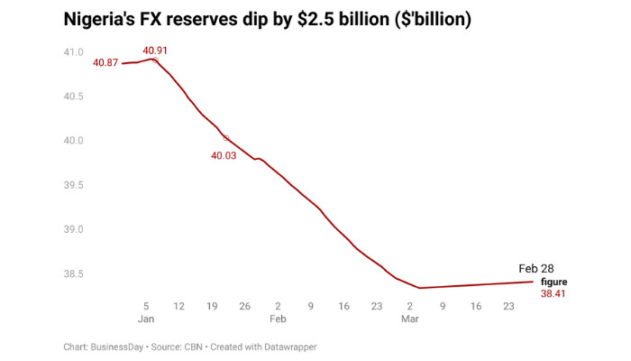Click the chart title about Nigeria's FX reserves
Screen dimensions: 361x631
click(267, 19)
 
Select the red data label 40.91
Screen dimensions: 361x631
click(155, 50)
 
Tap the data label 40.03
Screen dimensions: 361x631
click(224, 155)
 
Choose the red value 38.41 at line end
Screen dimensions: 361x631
click(553, 294)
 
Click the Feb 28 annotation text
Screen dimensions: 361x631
click(538, 269)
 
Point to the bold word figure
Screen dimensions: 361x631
click(553, 282)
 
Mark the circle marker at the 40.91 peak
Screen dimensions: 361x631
click(155, 60)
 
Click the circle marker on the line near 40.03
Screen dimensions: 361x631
click(226, 139)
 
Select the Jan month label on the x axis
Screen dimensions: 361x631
click(146, 319)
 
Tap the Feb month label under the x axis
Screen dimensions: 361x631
click(278, 319)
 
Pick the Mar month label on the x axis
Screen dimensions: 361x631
click(410, 319)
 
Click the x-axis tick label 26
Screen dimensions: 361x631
click(244, 306)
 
